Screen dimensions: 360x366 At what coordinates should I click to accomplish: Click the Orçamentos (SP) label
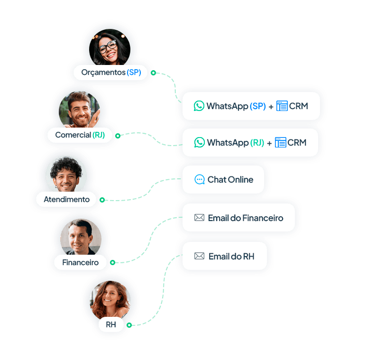coord(111,72)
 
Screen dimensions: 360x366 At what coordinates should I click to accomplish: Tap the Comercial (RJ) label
coord(80,135)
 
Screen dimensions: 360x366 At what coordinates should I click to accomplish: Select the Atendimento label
coord(66,199)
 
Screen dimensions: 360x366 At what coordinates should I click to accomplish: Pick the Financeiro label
coord(80,262)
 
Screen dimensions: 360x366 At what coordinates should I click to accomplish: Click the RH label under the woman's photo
coord(111,325)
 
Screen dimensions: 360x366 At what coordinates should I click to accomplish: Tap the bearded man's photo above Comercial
coord(79,111)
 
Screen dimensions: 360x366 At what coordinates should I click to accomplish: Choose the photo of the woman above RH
coord(110,299)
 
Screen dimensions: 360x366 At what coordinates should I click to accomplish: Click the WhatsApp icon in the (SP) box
coord(199,106)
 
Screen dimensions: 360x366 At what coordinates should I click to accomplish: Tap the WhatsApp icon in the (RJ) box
coord(200,142)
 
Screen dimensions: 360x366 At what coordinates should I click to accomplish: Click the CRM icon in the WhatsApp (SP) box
coord(282,106)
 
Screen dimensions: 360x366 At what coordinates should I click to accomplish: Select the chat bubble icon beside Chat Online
coord(200,180)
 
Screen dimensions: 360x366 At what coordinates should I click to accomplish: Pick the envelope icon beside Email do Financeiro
coord(199,218)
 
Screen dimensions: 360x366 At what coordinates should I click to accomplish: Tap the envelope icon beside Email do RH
coord(199,256)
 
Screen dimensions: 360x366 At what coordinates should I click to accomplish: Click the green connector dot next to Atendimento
coord(102,200)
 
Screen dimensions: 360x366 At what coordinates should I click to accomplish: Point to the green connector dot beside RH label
coord(129,325)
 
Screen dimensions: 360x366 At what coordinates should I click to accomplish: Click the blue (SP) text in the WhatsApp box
coord(258,106)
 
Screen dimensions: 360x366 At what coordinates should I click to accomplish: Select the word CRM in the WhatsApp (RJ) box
coord(297,142)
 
